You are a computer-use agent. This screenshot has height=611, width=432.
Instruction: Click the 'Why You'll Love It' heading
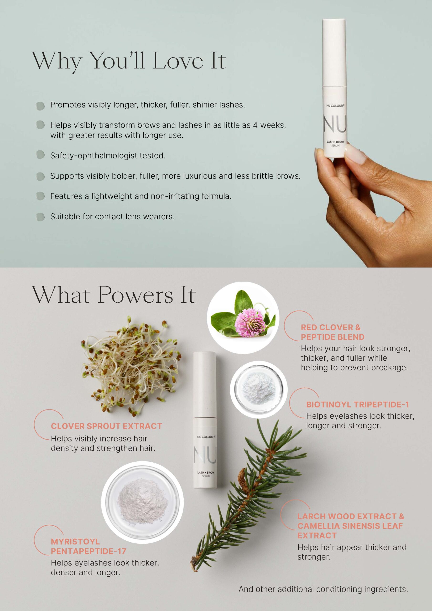[x=129, y=61]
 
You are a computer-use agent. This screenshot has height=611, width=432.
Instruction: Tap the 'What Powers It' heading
[x=114, y=295]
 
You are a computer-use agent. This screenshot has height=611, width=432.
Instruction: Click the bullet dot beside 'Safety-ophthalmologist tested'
[x=40, y=155]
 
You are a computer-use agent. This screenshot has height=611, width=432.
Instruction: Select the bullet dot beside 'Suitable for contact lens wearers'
[x=40, y=217]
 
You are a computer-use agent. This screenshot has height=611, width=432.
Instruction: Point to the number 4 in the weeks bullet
[x=255, y=125]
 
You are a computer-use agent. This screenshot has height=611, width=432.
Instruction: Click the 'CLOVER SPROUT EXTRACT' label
[x=106, y=426]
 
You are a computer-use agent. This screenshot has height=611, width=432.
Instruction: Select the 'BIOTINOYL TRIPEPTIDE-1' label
[x=358, y=405]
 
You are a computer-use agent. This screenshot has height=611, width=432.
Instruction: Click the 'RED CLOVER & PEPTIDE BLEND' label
[x=333, y=332]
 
